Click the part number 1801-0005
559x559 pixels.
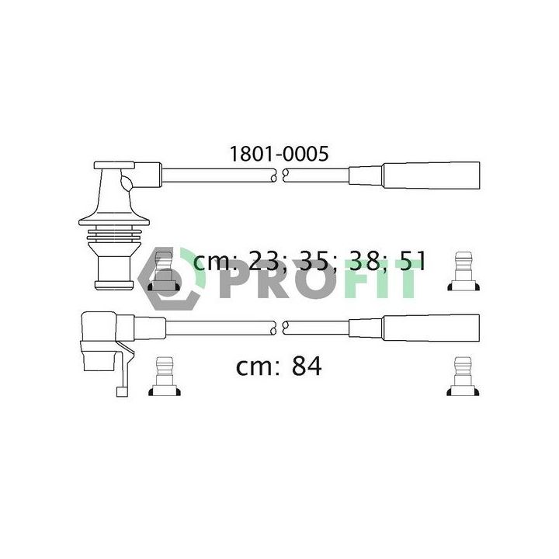[279, 154]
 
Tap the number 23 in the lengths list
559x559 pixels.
[263, 261]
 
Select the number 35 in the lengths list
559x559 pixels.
[314, 261]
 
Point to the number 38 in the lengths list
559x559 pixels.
[364, 261]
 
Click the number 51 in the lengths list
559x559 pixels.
[412, 261]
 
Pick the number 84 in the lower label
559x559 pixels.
[307, 366]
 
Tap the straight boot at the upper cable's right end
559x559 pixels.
[431, 175]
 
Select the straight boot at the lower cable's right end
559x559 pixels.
[431, 328]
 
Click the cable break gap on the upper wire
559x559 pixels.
[279, 175]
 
